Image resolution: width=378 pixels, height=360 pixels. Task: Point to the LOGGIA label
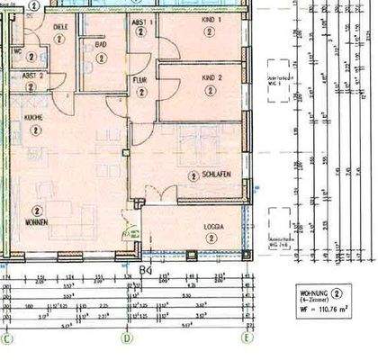213,227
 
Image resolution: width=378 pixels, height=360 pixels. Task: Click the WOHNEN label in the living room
37,221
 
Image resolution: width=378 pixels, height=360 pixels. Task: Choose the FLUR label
140,78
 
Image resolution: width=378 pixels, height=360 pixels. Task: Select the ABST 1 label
142,20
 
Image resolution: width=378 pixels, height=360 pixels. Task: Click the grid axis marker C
8,339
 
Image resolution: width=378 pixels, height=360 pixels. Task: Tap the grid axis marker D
127,339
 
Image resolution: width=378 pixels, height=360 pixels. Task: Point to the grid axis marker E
245,339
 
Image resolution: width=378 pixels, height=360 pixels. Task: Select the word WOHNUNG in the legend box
313,292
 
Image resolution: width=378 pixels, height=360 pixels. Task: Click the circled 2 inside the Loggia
211,238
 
